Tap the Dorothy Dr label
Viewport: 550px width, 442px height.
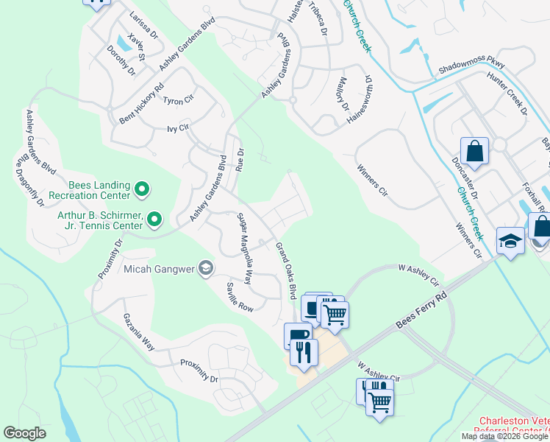pyautogui.click(x=121, y=60)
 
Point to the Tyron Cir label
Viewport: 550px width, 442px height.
pyautogui.click(x=178, y=100)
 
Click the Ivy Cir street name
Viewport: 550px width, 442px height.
pyautogui.click(x=179, y=127)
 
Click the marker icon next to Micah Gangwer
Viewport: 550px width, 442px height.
pyautogui.click(x=205, y=267)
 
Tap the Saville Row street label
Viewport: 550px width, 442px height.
pyautogui.click(x=240, y=297)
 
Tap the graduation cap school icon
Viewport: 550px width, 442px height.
pyautogui.click(x=510, y=241)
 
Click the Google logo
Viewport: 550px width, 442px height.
pyautogui.click(x=24, y=433)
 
